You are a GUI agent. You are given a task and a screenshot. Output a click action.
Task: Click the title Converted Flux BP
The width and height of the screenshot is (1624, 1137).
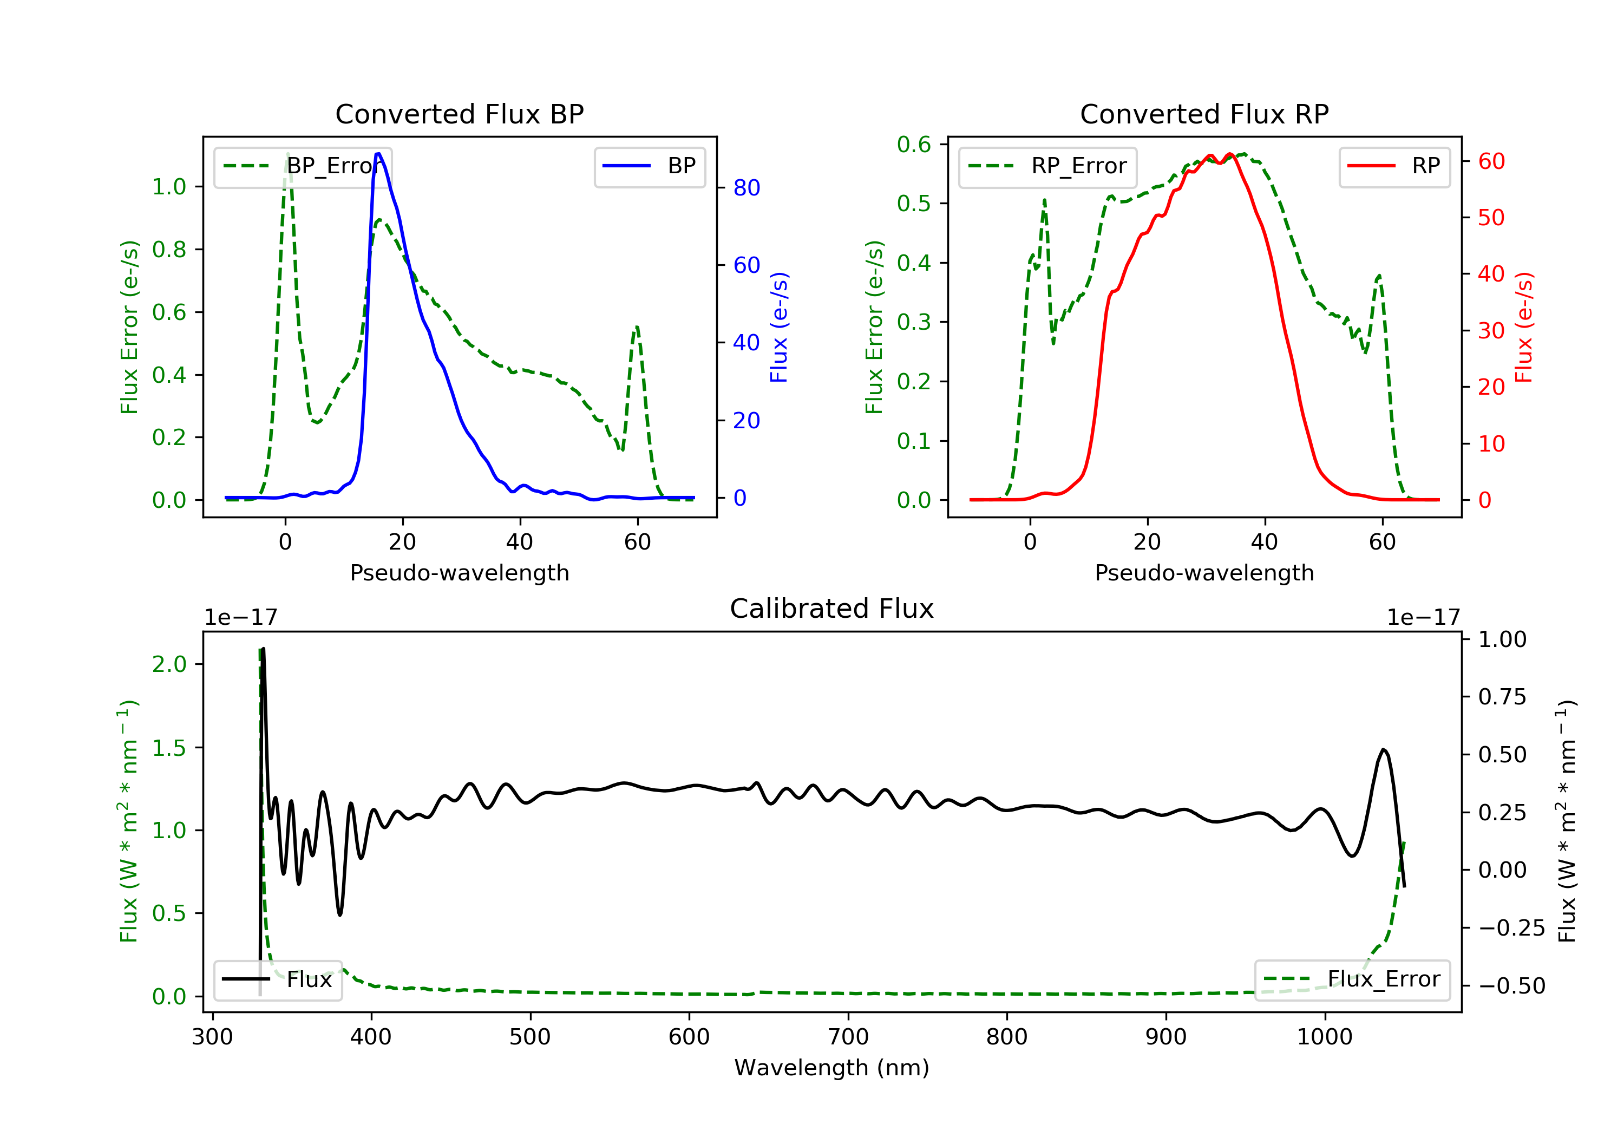[459, 114]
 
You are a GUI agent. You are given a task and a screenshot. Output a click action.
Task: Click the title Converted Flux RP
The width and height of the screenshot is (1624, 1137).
[1204, 114]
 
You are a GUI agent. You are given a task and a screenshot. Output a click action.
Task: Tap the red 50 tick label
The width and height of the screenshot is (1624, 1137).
[1491, 217]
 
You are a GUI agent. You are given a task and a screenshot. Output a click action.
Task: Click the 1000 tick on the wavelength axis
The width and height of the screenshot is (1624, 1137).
[1324, 1037]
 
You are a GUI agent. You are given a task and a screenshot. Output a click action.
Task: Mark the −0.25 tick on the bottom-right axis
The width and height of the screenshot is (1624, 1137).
[1511, 927]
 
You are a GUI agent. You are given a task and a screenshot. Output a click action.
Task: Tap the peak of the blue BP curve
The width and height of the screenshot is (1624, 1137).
[378, 154]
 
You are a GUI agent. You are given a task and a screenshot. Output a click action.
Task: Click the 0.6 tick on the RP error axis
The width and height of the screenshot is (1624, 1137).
[914, 145]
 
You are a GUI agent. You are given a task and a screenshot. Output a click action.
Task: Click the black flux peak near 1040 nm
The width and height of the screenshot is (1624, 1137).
[1383, 749]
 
